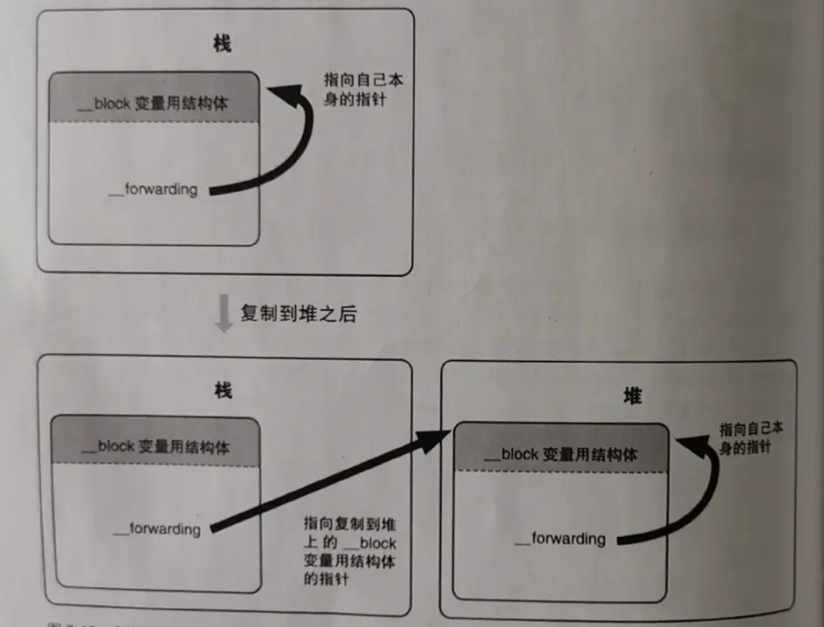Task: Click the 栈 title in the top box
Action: click(223, 44)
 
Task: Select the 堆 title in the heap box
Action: click(633, 396)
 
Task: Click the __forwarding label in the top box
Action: click(153, 189)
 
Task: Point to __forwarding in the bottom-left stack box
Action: click(157, 528)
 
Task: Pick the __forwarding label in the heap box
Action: click(560, 539)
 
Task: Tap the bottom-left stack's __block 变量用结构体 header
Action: click(155, 447)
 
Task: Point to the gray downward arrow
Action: click(224, 315)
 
